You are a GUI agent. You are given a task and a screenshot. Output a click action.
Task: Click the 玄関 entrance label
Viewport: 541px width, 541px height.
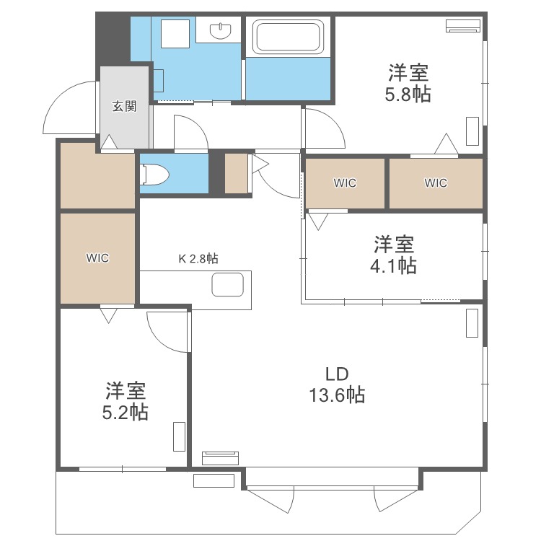pyautogui.click(x=124, y=106)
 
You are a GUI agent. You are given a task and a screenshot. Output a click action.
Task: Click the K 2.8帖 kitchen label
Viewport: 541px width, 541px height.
pyautogui.click(x=198, y=258)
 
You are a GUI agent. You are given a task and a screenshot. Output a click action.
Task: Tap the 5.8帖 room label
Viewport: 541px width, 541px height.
pyautogui.click(x=409, y=83)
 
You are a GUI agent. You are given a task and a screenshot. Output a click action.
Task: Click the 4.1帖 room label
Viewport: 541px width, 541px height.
pyautogui.click(x=392, y=254)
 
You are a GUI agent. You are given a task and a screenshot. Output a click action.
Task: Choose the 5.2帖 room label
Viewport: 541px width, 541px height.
pyautogui.click(x=126, y=402)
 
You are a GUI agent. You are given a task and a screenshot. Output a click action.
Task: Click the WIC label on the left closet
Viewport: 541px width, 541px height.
pyautogui.click(x=97, y=258)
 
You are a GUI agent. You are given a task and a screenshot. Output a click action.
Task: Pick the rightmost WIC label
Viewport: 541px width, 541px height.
pyautogui.click(x=436, y=183)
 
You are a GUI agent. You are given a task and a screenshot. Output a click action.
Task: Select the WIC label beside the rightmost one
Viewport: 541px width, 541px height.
pyautogui.click(x=345, y=183)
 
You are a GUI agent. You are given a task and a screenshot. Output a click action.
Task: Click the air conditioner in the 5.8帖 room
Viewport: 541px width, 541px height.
pyautogui.click(x=462, y=27)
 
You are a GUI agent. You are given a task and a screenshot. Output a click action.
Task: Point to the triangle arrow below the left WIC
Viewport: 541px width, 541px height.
pyautogui.click(x=109, y=315)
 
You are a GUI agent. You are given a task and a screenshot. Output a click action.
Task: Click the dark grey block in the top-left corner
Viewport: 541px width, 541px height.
pyautogui.click(x=112, y=40)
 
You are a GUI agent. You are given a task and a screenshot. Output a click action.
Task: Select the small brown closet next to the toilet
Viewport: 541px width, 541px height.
pyautogui.click(x=235, y=174)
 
